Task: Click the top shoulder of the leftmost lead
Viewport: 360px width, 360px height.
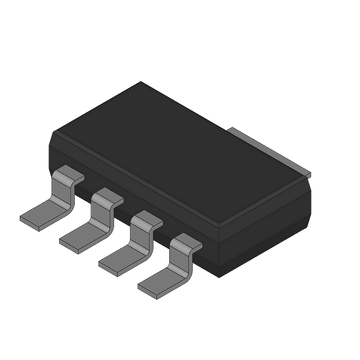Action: [x=70, y=174]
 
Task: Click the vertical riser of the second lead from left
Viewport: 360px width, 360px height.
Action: [x=100, y=217]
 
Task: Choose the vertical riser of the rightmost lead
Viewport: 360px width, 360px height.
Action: [x=178, y=262]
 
